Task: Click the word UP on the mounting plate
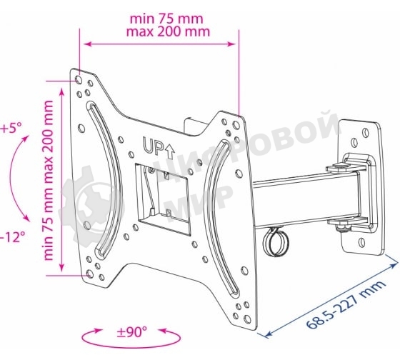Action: (x=153, y=147)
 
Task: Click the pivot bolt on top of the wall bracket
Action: (x=341, y=166)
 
